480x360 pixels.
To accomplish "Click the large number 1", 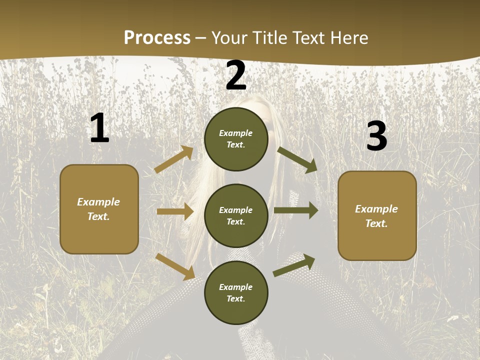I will pyautogui.click(x=99, y=128).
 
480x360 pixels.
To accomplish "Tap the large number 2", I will pyautogui.click(x=236, y=75).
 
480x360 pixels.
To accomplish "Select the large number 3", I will pyautogui.click(x=376, y=136).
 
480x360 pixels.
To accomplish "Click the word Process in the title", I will pyautogui.click(x=157, y=37).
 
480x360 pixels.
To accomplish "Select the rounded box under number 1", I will pyautogui.click(x=99, y=209).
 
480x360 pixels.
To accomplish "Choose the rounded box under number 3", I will pyautogui.click(x=377, y=215).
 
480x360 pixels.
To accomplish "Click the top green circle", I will pyautogui.click(x=236, y=139).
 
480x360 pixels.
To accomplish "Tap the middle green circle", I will pyautogui.click(x=236, y=215).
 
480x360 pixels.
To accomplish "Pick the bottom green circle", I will pyautogui.click(x=236, y=292).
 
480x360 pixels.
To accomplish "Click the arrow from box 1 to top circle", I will pyautogui.click(x=174, y=159).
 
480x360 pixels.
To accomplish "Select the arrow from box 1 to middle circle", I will pyautogui.click(x=175, y=211).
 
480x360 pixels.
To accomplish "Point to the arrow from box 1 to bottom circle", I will pyautogui.click(x=175, y=266).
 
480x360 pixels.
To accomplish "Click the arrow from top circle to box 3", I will pyautogui.click(x=297, y=159).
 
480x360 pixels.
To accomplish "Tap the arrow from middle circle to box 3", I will pyautogui.click(x=296, y=210).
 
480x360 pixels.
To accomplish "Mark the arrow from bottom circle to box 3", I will pyautogui.click(x=294, y=265).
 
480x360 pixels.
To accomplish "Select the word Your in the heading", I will pyautogui.click(x=229, y=37).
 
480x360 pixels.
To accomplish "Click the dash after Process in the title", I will pyautogui.click(x=201, y=38).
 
